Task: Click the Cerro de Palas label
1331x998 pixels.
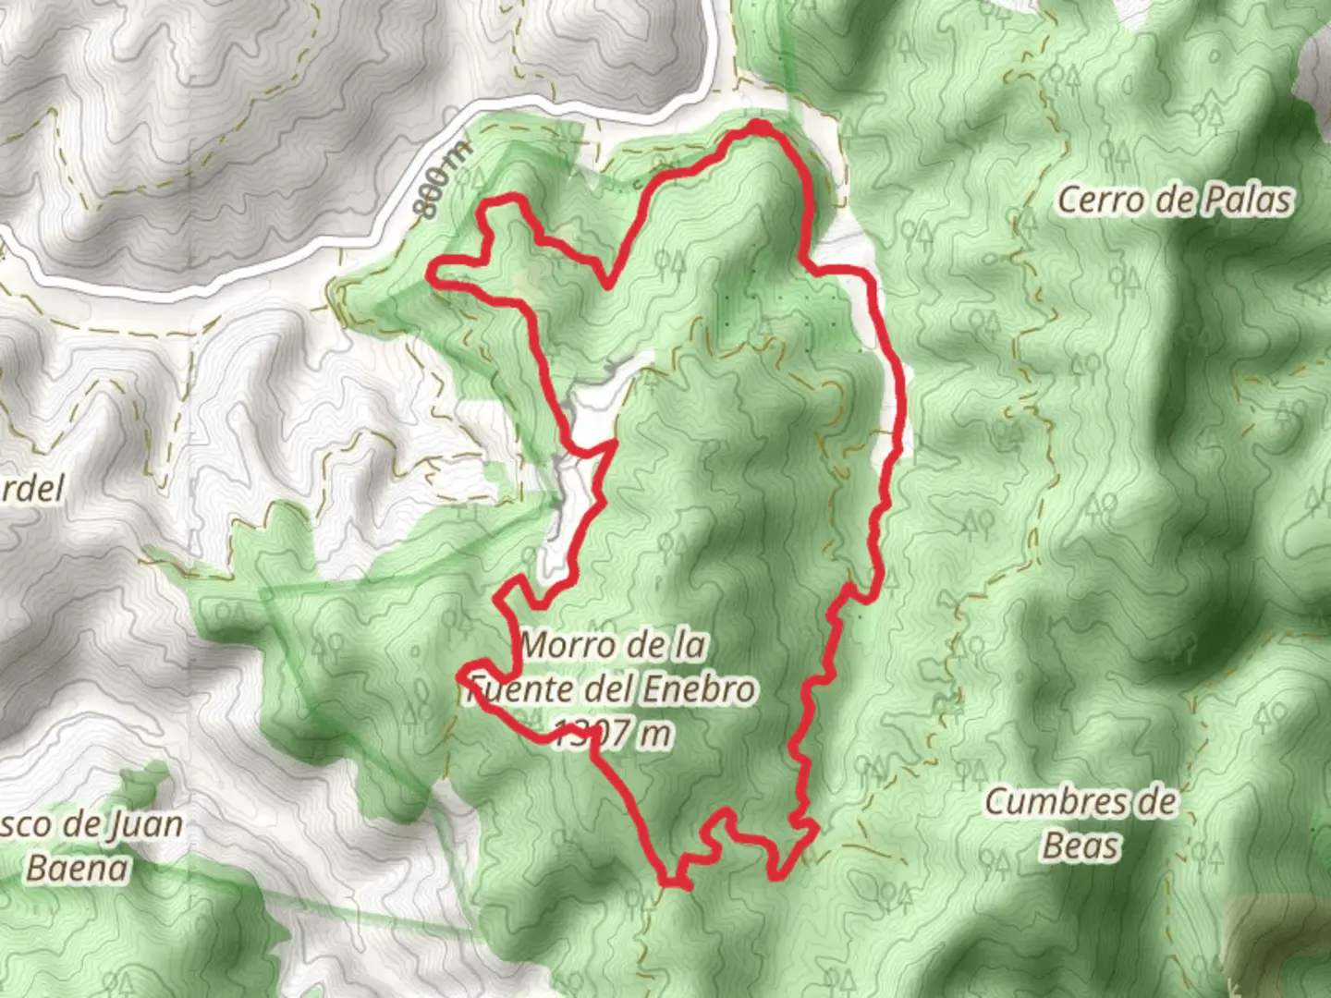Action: [x=1174, y=200]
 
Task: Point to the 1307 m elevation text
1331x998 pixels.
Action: [x=615, y=734]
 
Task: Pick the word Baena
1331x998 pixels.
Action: [x=78, y=868]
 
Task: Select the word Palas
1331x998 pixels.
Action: [x=1245, y=200]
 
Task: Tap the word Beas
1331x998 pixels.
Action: [x=1081, y=846]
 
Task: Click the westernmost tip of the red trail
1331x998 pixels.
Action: [x=431, y=272]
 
